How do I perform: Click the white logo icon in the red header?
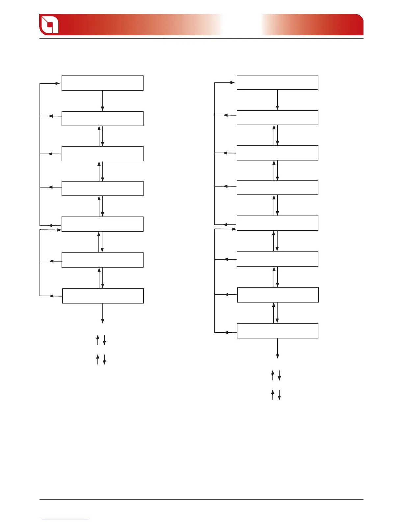pos(49,24)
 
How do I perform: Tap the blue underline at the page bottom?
pos(65,519)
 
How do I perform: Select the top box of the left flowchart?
pos(102,83)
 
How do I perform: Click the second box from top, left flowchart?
pos(102,119)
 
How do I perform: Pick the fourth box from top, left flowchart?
pos(102,188)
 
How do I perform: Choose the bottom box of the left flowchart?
pos(103,296)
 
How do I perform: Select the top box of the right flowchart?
pos(278,82)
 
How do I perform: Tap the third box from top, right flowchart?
pos(278,153)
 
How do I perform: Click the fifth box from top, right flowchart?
pos(278,223)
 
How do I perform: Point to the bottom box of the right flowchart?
pos(278,331)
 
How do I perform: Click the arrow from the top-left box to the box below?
pos(103,101)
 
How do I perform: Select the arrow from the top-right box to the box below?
pos(278,100)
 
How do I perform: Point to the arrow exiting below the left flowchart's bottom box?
pos(103,313)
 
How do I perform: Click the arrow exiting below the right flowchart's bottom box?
pos(278,348)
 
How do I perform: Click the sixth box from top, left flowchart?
pos(102,260)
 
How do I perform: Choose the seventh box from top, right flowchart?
pos(278,295)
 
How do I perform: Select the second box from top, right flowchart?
pos(278,118)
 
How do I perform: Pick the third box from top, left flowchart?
pos(102,154)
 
